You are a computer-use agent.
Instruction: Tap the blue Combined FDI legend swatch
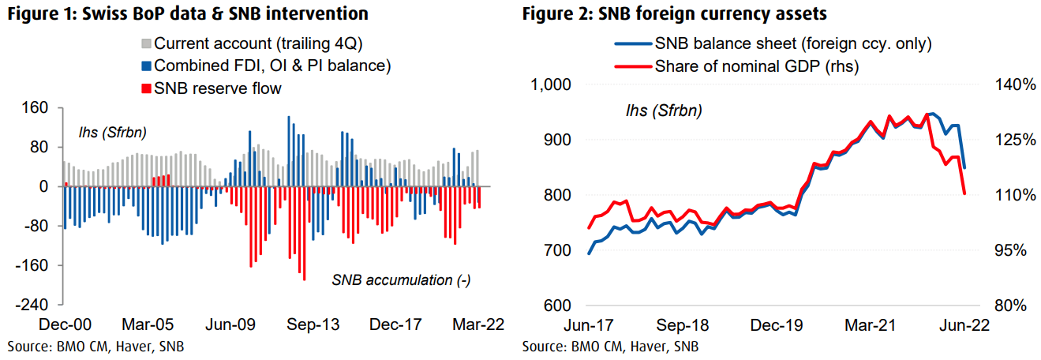click(x=146, y=66)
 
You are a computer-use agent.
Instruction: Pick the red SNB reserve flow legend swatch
click(x=146, y=88)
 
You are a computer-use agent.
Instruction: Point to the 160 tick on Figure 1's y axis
click(x=40, y=107)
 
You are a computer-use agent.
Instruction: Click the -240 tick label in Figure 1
click(x=36, y=305)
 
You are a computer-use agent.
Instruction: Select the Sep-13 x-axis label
click(x=306, y=324)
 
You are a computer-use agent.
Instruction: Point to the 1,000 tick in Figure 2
click(x=552, y=84)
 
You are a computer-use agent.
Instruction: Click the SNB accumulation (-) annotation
click(x=401, y=280)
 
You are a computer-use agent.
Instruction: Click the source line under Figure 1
click(x=97, y=347)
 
